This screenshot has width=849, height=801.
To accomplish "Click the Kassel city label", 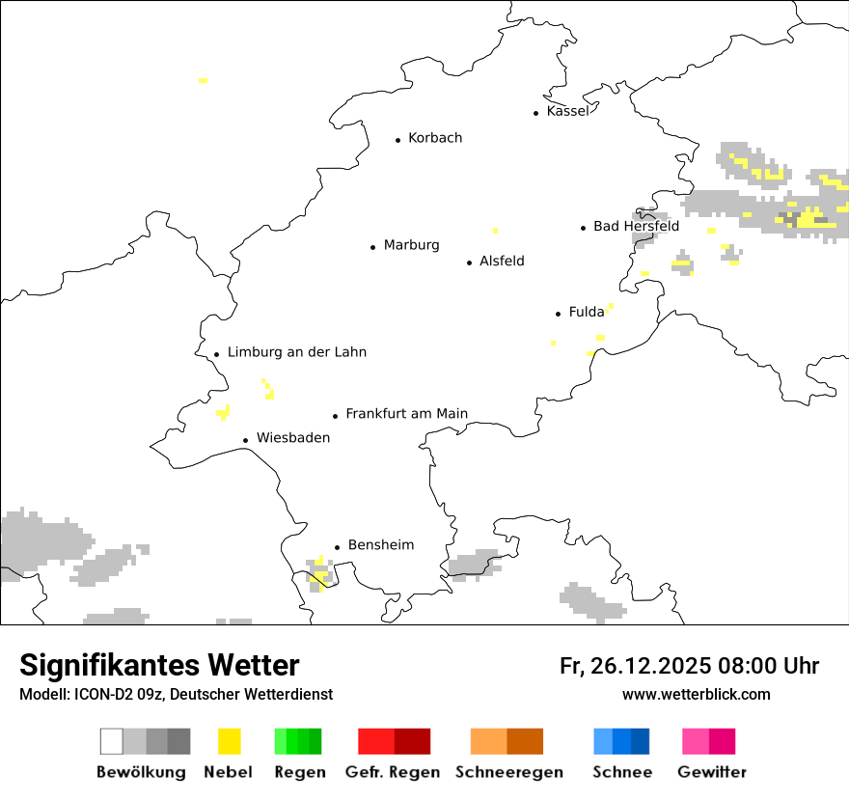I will pyautogui.click(x=567, y=111).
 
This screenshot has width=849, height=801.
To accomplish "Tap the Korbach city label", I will pyautogui.click(x=435, y=138).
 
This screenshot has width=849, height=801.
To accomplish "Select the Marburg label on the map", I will pyautogui.click(x=411, y=245).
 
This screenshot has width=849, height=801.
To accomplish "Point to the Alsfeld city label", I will pyautogui.click(x=502, y=261).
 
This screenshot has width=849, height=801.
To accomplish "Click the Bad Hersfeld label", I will pyautogui.click(x=636, y=226).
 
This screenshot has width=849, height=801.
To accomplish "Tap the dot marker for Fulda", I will pyautogui.click(x=558, y=314).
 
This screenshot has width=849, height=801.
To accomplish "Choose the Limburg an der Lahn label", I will pyautogui.click(x=296, y=352).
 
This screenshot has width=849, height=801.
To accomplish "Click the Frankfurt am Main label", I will pyautogui.click(x=406, y=414).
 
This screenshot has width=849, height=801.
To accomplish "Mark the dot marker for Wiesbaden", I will pyautogui.click(x=246, y=440).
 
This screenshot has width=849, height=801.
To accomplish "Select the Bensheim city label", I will pyautogui.click(x=380, y=545).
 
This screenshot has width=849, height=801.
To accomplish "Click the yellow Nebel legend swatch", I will pyautogui.click(x=230, y=741).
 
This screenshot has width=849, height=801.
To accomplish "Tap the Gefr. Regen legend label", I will pyautogui.click(x=393, y=772).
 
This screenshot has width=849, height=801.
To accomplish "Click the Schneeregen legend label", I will pyautogui.click(x=508, y=772).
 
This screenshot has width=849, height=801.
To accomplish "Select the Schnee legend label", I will pyautogui.click(x=622, y=772).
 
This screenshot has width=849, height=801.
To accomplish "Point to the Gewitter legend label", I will pyautogui.click(x=712, y=772).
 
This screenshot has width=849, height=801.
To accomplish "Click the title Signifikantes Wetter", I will pyautogui.click(x=159, y=665).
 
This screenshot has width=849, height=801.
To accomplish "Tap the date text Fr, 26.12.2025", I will pyautogui.click(x=636, y=666).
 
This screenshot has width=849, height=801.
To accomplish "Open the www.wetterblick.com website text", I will pyautogui.click(x=696, y=694).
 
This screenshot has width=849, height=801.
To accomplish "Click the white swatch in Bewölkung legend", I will pyautogui.click(x=112, y=741).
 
